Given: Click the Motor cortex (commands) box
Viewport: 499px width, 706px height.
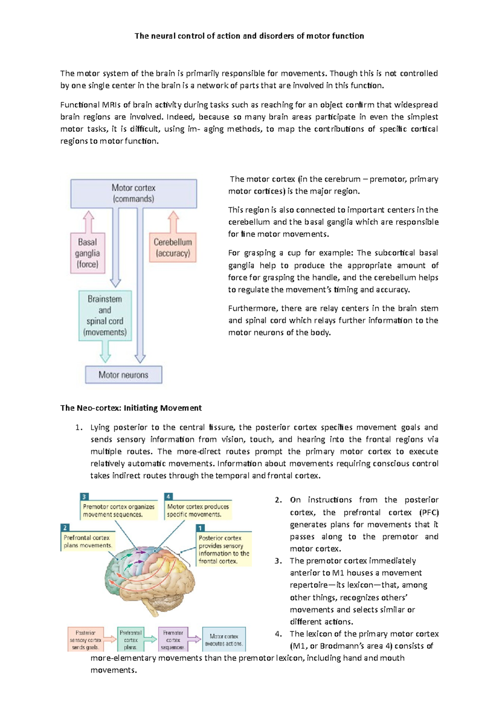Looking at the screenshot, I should click(x=133, y=193).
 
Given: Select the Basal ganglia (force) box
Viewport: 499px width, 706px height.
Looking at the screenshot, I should click(x=87, y=253).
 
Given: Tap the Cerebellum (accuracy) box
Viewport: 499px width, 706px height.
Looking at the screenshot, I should click(x=173, y=247).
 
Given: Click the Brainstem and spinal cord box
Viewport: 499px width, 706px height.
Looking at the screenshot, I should click(x=105, y=316).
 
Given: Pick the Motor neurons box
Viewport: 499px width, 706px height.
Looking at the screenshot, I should click(x=124, y=375).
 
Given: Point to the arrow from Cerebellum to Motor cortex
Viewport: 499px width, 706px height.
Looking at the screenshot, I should click(x=173, y=222).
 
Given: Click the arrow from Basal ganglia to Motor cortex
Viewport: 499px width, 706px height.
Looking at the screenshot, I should click(x=88, y=222).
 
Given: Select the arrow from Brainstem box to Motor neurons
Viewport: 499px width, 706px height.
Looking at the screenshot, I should click(x=105, y=352).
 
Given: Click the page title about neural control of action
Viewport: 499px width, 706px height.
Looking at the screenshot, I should click(x=249, y=36).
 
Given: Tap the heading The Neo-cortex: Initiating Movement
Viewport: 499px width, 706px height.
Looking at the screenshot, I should click(x=131, y=408).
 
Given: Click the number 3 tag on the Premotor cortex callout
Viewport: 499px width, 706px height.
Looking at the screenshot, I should click(x=84, y=496).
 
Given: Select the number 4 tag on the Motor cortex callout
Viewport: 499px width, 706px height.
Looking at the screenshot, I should click(x=168, y=496).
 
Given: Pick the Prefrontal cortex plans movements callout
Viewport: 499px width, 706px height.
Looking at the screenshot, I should click(x=87, y=541).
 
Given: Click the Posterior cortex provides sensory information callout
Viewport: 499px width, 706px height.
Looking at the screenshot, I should click(x=224, y=549).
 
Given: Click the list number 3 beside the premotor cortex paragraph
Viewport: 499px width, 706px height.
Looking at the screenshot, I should click(x=279, y=560).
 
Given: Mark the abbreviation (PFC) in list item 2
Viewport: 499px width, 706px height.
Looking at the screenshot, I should click(x=429, y=512).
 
